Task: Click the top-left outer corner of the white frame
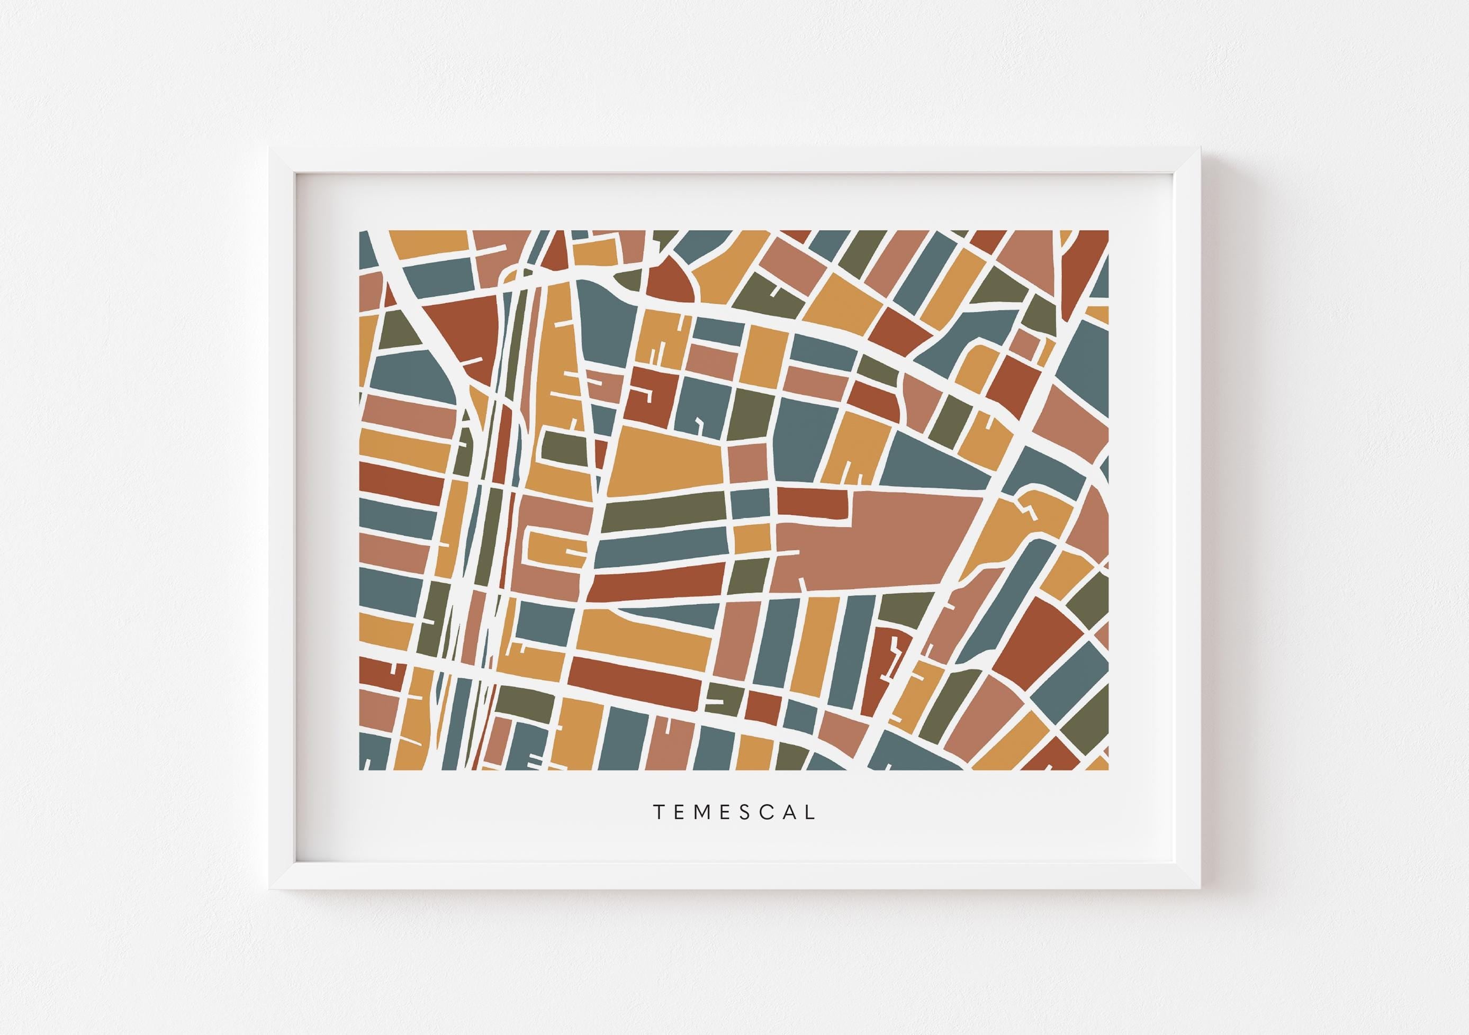269,147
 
